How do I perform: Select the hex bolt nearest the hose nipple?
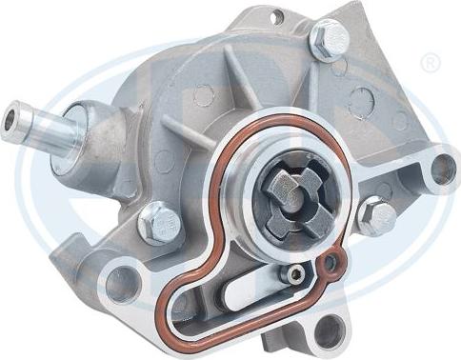(159, 224)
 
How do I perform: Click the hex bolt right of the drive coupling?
(377, 218)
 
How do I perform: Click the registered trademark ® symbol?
(430, 64)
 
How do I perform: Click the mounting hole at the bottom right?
(329, 330)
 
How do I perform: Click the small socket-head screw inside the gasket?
(298, 274)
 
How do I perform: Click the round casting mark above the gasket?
(203, 96)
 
